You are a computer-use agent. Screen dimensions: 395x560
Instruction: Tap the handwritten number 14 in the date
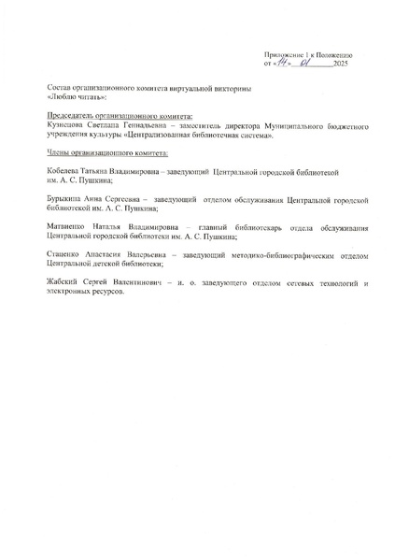point(277,64)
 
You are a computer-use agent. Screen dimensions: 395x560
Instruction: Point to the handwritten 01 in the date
point(305,64)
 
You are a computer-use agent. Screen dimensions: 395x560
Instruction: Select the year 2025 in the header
point(340,65)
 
